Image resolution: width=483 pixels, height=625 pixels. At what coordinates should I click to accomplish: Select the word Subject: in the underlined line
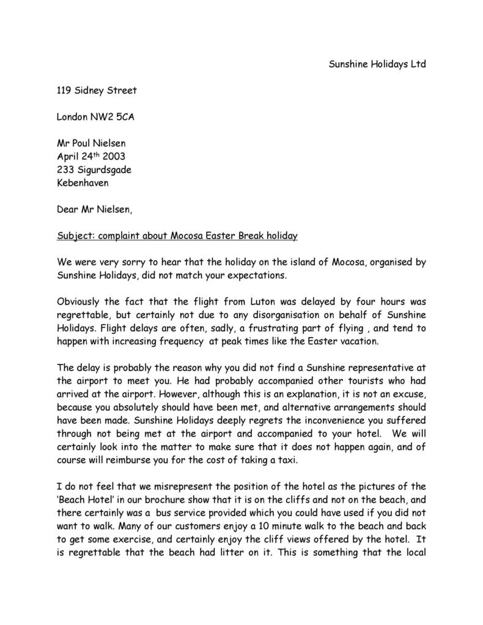tap(75, 235)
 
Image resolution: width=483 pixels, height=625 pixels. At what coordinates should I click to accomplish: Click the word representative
tap(383, 368)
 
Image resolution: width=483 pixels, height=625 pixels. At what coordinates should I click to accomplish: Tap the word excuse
tap(408, 394)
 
